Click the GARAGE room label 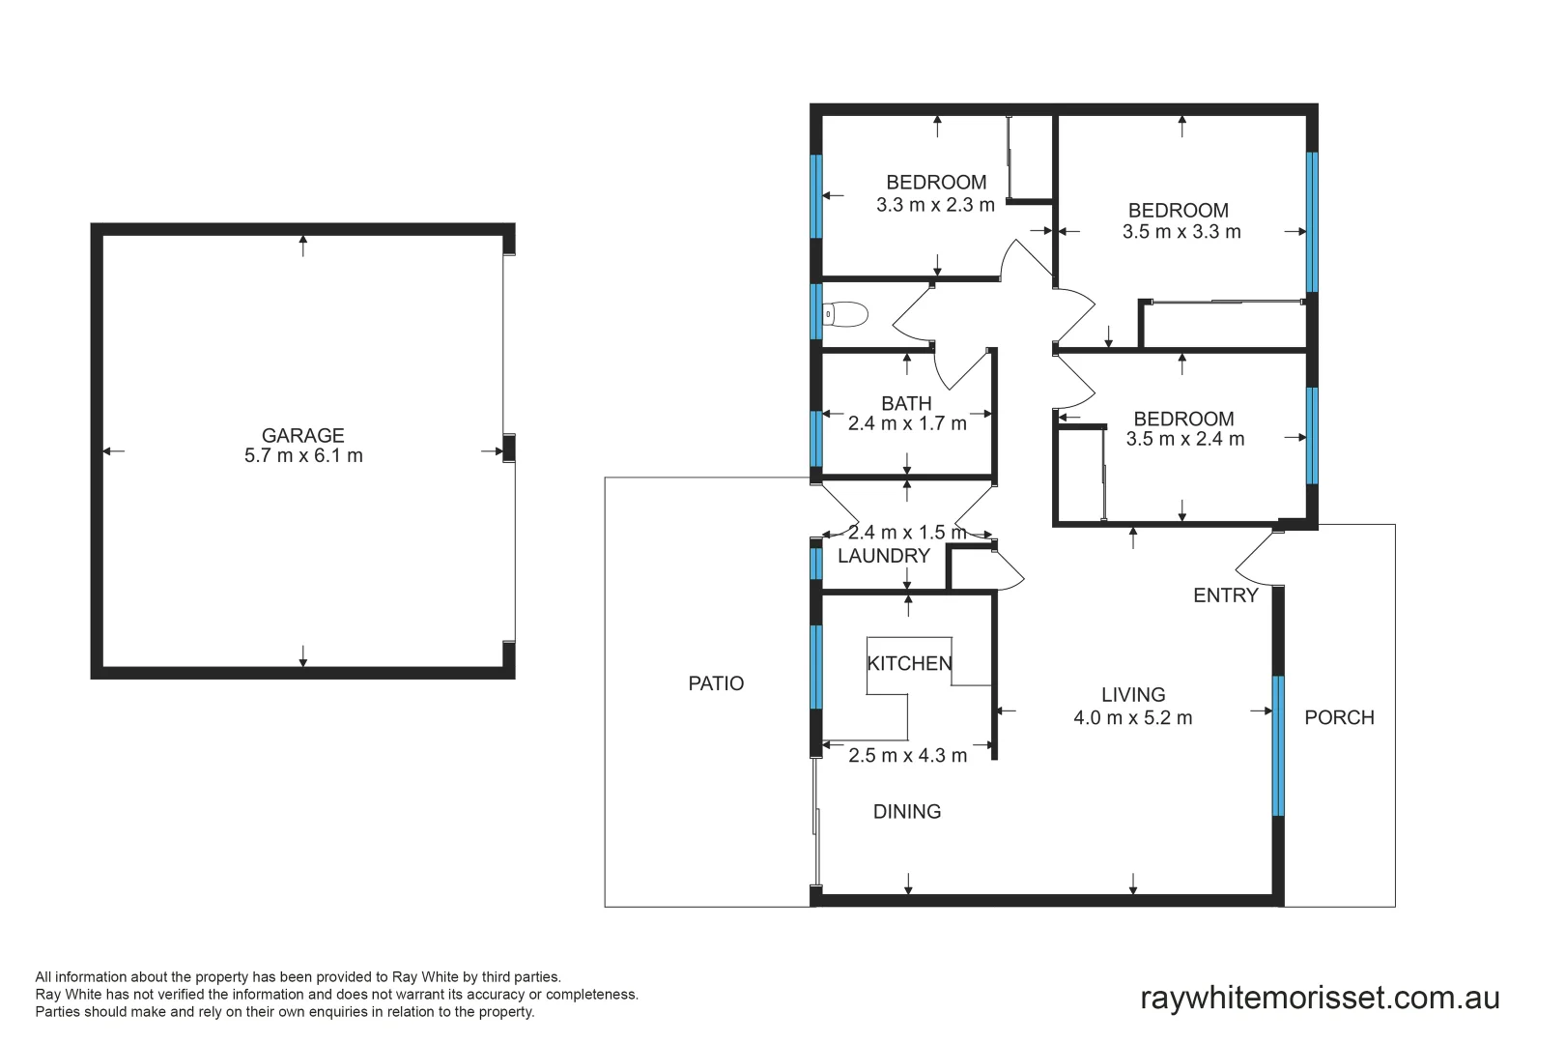pos(302,435)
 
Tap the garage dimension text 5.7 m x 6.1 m pos(303,456)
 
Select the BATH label pos(906,403)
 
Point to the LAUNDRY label pos(883,556)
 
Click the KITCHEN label pos(909,663)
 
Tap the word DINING pos(906,812)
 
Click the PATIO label pos(716,683)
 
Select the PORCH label pos(1339,717)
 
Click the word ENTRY pos(1225,595)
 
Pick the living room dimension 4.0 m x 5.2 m pos(1132,718)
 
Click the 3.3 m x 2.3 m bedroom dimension pos(935,205)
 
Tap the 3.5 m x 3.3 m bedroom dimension pos(1181,232)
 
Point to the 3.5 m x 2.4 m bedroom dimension pos(1184,439)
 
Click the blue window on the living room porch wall pos(1278,746)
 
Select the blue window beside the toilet pos(816,311)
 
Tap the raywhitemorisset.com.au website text pos(1320,998)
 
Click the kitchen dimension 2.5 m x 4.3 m pos(907,756)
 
